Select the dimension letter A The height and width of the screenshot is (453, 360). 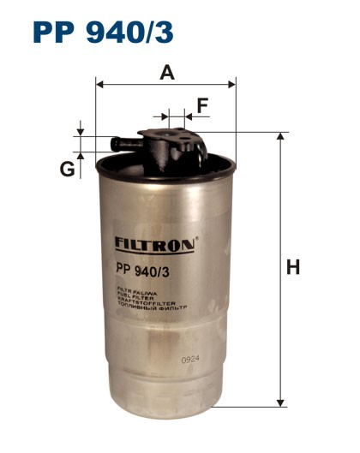point(167,73)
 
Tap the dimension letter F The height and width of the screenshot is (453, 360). point(202,105)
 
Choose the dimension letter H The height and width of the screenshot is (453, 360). point(293,268)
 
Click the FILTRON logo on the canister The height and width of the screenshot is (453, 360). point(154,244)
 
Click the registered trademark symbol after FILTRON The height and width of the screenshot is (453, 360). point(196,239)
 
